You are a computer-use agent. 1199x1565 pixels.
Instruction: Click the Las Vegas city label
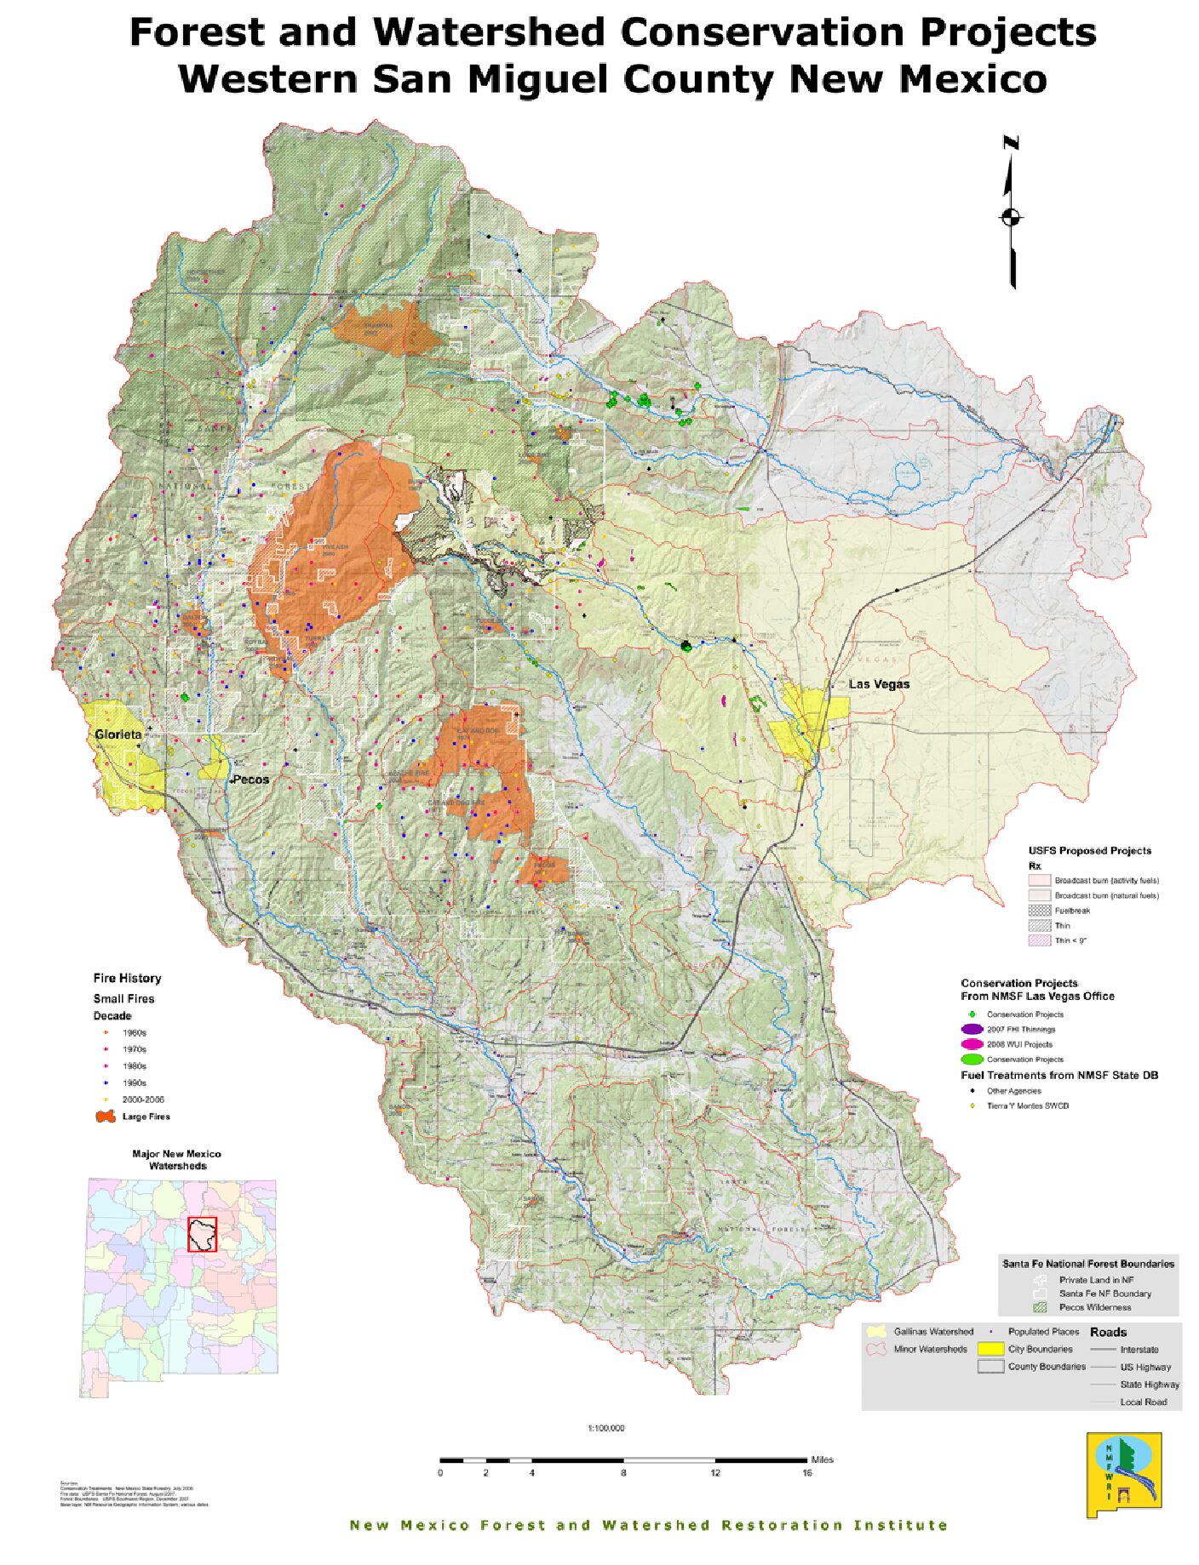pyautogui.click(x=879, y=683)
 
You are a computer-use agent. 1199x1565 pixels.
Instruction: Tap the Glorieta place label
pyautogui.click(x=118, y=734)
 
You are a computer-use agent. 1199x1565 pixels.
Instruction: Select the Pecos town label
pyautogui.click(x=250, y=779)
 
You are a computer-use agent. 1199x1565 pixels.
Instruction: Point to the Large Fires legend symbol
pyautogui.click(x=106, y=1116)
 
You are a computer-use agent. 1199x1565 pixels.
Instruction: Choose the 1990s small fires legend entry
pyautogui.click(x=134, y=1082)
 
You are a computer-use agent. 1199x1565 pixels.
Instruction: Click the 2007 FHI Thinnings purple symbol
pyautogui.click(x=972, y=1029)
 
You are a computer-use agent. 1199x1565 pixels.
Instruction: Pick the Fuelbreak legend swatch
pyautogui.click(x=1039, y=910)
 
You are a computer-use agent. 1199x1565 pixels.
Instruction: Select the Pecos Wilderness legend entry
pyautogui.click(x=1094, y=1306)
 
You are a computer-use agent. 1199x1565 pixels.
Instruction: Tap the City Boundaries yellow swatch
pyautogui.click(x=990, y=1348)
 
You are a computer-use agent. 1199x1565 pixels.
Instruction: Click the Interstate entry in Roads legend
pyautogui.click(x=1139, y=1349)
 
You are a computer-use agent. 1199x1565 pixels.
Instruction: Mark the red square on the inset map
pyautogui.click(x=203, y=1234)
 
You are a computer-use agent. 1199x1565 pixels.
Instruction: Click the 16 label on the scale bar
pyautogui.click(x=806, y=1472)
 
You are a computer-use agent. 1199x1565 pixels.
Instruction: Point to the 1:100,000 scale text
pyautogui.click(x=605, y=1428)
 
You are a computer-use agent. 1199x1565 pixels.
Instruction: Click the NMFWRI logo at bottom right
pyautogui.click(x=1123, y=1475)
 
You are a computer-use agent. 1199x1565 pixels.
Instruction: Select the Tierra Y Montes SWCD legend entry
pyautogui.click(x=1027, y=1105)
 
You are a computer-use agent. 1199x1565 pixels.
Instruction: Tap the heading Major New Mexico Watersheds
pyautogui.click(x=176, y=1159)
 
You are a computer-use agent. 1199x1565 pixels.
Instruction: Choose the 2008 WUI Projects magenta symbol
pyautogui.click(x=972, y=1044)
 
